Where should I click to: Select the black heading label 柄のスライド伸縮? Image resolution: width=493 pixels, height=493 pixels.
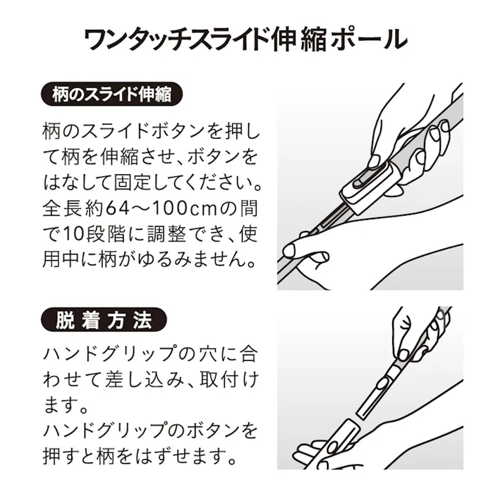pyautogui.click(x=112, y=94)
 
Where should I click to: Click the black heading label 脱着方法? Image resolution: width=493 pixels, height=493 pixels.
pyautogui.click(x=104, y=319)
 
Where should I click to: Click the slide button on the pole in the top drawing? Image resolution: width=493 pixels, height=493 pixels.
pyautogui.click(x=358, y=183)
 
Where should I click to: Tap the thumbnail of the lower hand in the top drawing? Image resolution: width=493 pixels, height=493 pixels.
pyautogui.click(x=319, y=258)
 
